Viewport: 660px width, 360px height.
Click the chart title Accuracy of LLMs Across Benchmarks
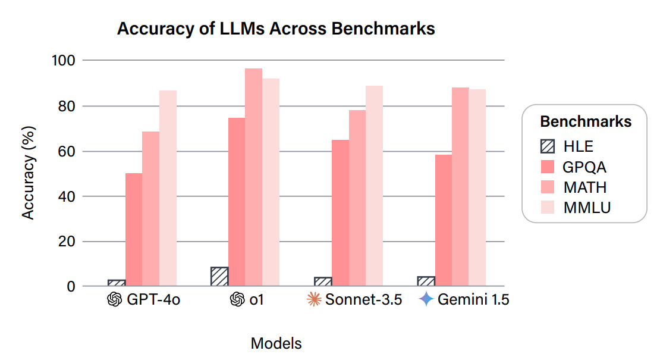click(276, 29)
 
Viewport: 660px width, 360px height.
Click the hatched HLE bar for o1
click(219, 277)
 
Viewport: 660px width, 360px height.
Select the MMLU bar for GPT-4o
click(168, 188)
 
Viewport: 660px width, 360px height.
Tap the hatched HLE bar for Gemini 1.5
click(426, 281)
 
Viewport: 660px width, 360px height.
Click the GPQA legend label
click(584, 166)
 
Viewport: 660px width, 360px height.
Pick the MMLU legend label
click(587, 207)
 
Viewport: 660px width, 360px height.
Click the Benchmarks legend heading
click(585, 122)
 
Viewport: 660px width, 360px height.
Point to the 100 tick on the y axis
click(64, 61)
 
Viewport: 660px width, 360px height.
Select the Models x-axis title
click(276, 343)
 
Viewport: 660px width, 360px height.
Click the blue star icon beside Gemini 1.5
click(427, 299)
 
